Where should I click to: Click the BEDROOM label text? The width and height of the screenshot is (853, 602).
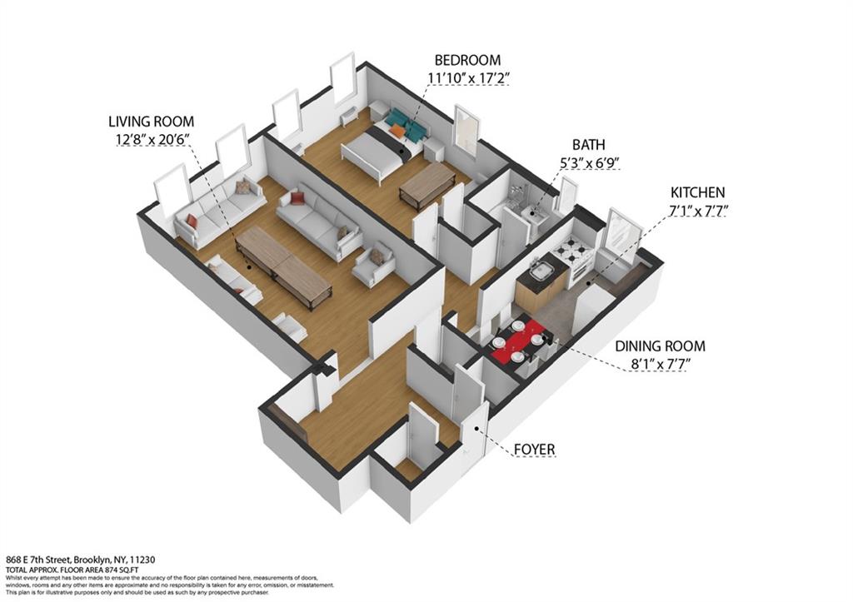(x=467, y=60)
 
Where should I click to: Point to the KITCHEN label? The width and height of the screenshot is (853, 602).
(x=697, y=192)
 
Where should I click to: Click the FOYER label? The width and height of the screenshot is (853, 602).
(x=535, y=450)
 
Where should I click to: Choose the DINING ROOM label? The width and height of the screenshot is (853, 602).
(x=660, y=346)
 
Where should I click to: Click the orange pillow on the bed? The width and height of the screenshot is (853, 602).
(x=398, y=130)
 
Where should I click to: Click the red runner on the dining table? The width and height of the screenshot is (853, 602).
(x=518, y=342)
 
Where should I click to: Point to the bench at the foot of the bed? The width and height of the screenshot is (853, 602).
(x=426, y=185)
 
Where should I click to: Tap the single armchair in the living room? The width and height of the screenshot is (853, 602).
(x=373, y=263)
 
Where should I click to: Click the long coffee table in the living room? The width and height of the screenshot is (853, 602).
(x=283, y=265)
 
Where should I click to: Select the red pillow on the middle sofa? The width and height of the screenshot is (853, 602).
(x=297, y=198)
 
